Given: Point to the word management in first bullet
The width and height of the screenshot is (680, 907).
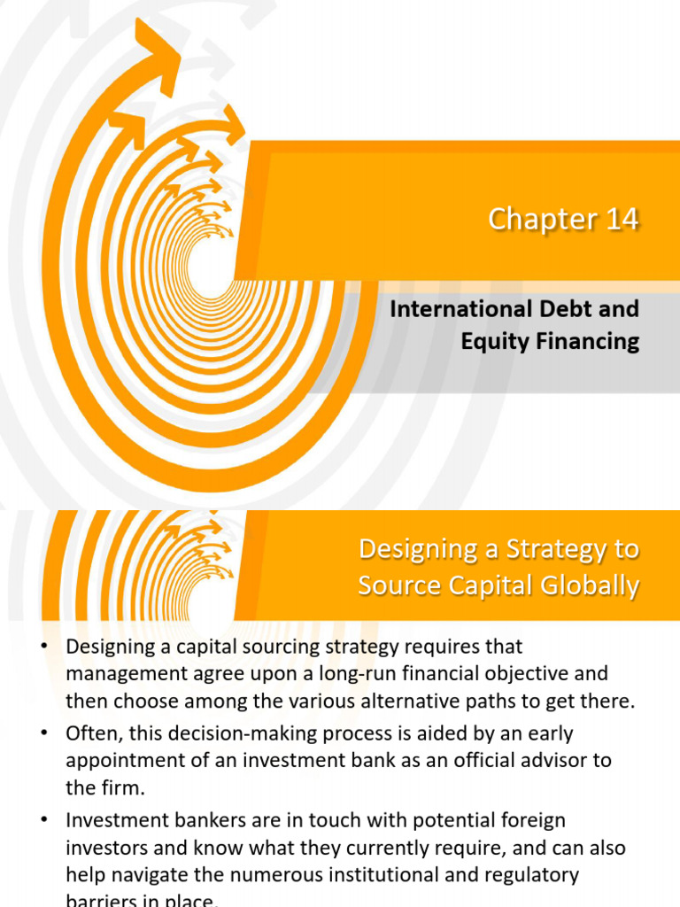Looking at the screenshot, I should pyautogui.click(x=120, y=674).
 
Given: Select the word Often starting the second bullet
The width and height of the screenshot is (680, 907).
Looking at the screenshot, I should pyautogui.click(x=91, y=734).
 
